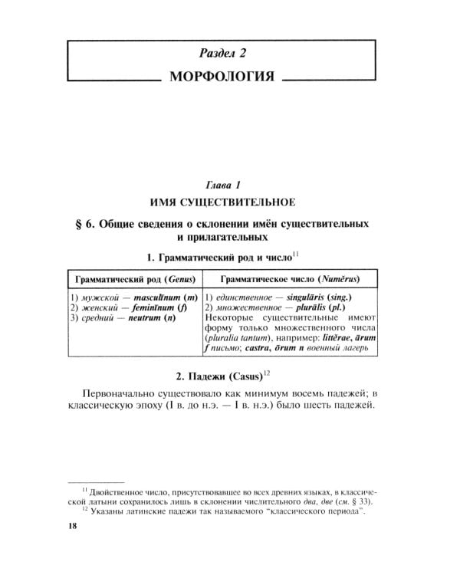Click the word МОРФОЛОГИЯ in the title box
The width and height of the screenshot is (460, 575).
click(223, 79)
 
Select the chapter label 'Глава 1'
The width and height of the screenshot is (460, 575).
click(223, 186)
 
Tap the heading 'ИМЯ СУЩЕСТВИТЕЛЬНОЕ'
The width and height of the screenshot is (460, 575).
click(223, 202)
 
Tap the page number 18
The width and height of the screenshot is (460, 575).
click(74, 526)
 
